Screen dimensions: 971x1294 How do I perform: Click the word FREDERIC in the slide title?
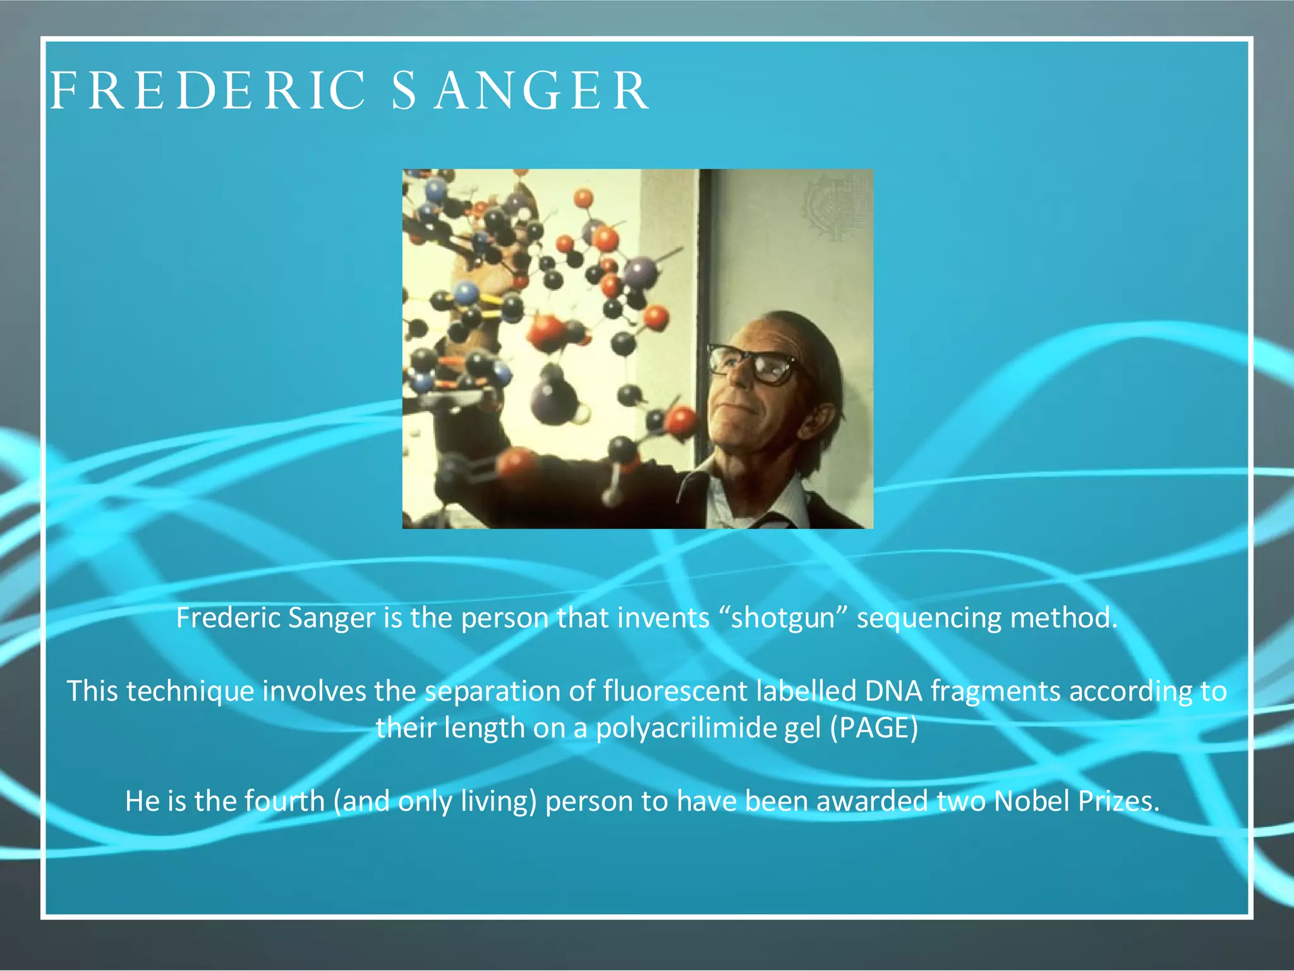(x=207, y=90)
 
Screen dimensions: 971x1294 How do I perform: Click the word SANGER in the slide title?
(x=520, y=90)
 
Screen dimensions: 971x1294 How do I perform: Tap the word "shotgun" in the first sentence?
(x=783, y=618)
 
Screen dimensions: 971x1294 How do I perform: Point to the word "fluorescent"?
(x=675, y=690)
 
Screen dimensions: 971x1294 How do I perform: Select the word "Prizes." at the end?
(x=1118, y=801)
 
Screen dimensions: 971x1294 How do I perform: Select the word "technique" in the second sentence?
(x=190, y=690)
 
